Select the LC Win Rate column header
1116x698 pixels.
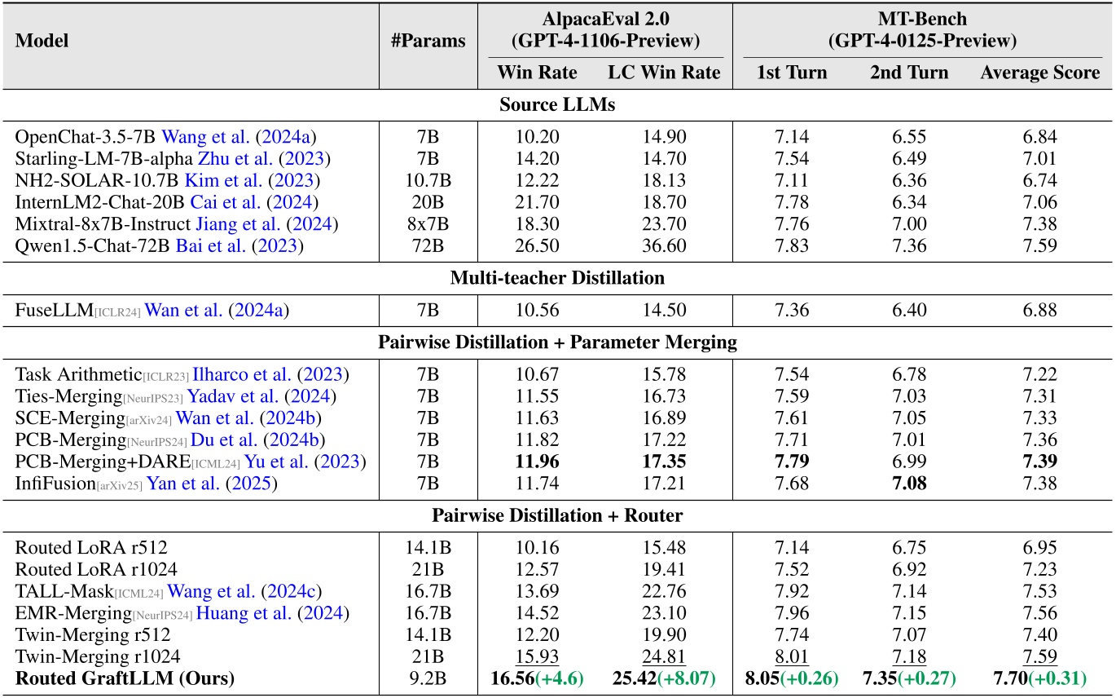click(x=664, y=73)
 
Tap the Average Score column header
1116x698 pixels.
click(x=1039, y=73)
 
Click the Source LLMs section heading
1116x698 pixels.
click(x=557, y=105)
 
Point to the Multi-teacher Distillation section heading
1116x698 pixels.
click(x=557, y=277)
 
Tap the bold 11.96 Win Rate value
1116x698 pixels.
click(x=537, y=461)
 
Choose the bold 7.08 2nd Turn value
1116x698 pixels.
click(x=908, y=482)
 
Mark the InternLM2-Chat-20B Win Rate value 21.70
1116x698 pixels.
click(x=537, y=201)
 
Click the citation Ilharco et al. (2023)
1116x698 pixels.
click(x=270, y=375)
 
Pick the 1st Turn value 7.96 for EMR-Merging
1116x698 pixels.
click(x=791, y=612)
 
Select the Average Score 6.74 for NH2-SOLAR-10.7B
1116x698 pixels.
click(x=1039, y=180)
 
